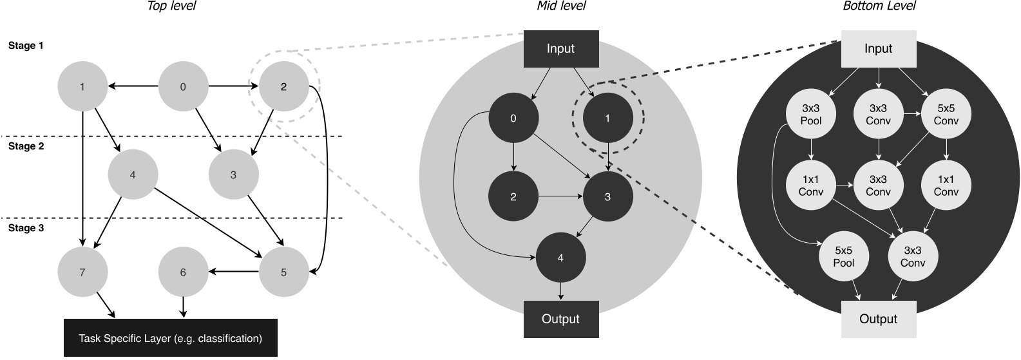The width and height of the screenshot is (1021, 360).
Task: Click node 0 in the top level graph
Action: (x=183, y=86)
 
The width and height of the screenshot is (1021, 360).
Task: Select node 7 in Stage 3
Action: (x=82, y=272)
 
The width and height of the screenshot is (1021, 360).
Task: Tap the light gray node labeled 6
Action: (x=183, y=272)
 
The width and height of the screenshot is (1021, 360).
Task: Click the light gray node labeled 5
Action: (x=283, y=272)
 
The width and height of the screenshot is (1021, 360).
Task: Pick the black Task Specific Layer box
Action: (x=171, y=338)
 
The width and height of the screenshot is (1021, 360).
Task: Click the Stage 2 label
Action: (x=26, y=146)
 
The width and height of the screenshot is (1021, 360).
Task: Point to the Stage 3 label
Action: (x=26, y=228)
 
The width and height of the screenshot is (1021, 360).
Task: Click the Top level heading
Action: (x=171, y=6)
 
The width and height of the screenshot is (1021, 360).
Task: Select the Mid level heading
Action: (x=561, y=6)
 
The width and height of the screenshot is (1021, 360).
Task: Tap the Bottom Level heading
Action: (x=879, y=6)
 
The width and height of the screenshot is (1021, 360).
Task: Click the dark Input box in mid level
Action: (x=560, y=49)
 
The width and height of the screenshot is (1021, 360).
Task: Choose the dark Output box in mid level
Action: (x=560, y=319)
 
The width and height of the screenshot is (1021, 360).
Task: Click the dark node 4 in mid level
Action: (x=560, y=257)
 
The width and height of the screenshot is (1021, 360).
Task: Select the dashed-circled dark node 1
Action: (x=607, y=118)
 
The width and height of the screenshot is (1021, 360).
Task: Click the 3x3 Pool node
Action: (x=810, y=115)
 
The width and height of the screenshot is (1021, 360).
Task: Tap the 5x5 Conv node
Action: (x=946, y=115)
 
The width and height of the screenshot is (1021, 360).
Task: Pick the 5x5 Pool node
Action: (x=843, y=257)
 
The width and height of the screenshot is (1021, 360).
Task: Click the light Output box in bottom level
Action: (x=879, y=319)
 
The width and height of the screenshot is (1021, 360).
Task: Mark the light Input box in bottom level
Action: (x=879, y=49)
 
